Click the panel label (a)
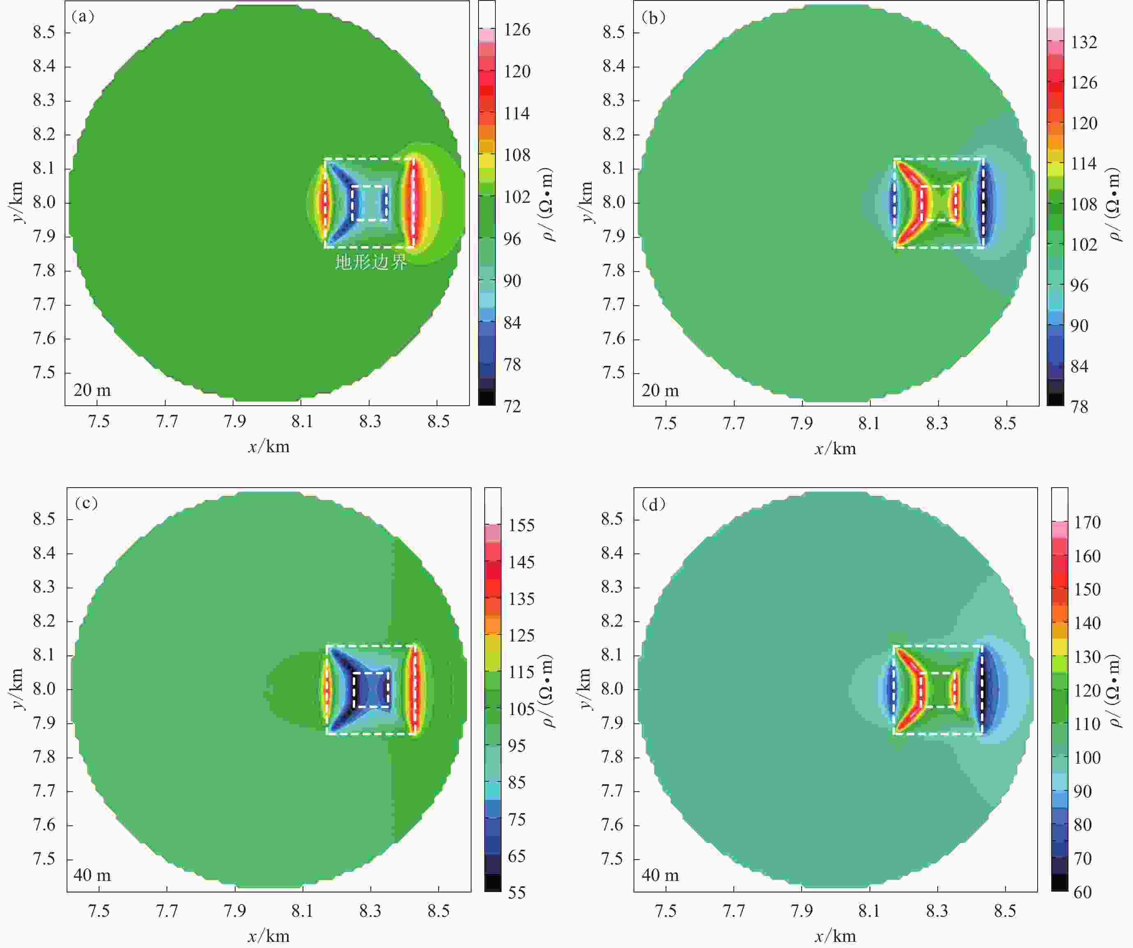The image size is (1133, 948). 83,17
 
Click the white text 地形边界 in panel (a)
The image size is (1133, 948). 371,263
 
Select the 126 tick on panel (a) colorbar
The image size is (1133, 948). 517,30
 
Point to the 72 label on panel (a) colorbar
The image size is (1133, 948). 513,406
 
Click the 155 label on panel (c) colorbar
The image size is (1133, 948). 521,525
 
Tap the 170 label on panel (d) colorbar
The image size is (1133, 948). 1087,522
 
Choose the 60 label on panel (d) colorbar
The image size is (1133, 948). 1082,892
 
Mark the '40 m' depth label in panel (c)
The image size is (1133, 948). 92,875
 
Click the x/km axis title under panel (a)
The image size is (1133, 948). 269,446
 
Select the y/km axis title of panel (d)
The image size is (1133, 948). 587,689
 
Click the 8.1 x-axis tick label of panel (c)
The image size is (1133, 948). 302,911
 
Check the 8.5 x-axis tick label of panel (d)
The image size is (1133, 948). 1005,911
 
